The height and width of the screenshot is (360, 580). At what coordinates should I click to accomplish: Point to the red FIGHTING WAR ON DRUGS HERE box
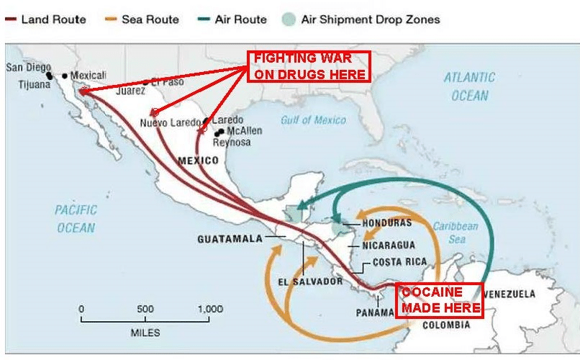pos(309,66)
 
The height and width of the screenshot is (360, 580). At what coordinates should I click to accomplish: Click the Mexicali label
pos(88,75)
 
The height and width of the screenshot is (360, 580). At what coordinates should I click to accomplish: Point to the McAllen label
pos(244,131)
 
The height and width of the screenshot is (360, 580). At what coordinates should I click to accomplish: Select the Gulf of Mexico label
pos(314,120)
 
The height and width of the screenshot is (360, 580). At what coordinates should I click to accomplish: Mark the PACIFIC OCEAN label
pos(76,218)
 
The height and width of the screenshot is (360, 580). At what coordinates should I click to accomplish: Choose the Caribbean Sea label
pos(455,232)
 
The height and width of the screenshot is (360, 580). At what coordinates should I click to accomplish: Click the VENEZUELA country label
pos(509,294)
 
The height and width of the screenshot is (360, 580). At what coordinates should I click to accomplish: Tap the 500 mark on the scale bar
pos(145,309)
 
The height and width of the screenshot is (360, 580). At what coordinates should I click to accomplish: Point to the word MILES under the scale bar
pos(145,333)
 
